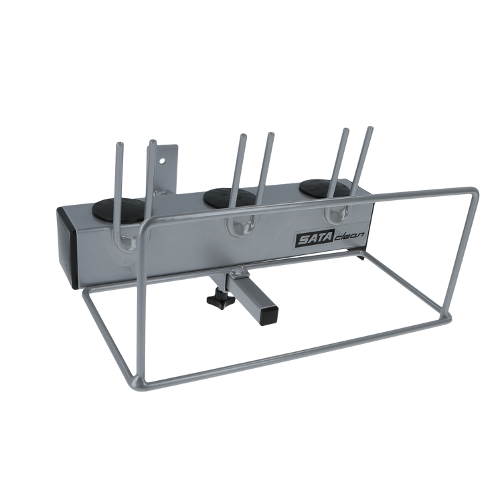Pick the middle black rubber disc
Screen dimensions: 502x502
point(230,197)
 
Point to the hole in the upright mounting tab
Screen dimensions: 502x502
point(163,160)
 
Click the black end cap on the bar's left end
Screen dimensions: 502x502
point(67,248)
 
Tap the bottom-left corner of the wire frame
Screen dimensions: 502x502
point(137,384)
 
